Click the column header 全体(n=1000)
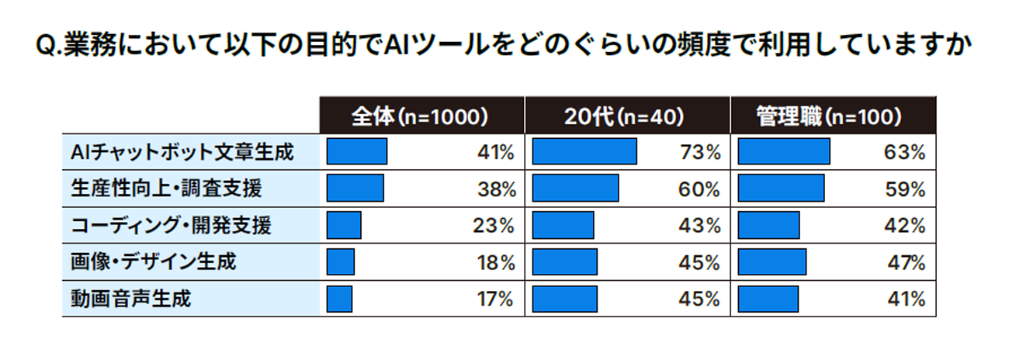pyautogui.click(x=419, y=117)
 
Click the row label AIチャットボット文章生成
pyautogui.click(x=182, y=152)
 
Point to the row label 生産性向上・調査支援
pyautogui.click(x=166, y=189)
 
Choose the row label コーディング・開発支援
pyautogui.click(x=171, y=226)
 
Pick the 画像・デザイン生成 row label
pyautogui.click(x=153, y=262)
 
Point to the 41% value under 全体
pyautogui.click(x=497, y=153)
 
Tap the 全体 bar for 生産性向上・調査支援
pyautogui.click(x=355, y=189)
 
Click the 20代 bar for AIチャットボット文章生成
pyautogui.click(x=584, y=152)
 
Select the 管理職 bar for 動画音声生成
pyautogui.click(x=768, y=299)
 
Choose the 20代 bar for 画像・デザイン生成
pyautogui.click(x=565, y=262)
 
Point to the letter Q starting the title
pyautogui.click(x=46, y=47)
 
